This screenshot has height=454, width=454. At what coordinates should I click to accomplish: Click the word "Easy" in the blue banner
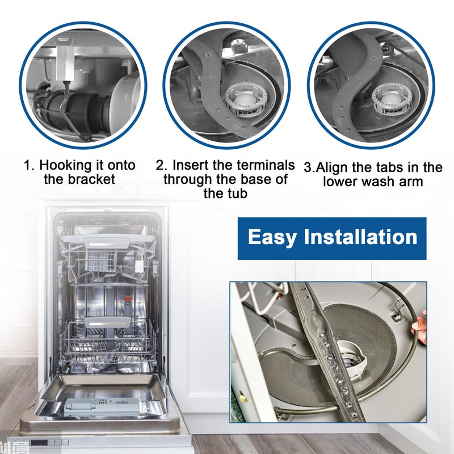point(272,238)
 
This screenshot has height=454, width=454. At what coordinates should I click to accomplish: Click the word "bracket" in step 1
point(91,179)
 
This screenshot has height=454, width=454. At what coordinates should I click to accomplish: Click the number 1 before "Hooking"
point(28,165)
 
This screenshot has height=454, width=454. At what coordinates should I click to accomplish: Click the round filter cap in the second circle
point(243,99)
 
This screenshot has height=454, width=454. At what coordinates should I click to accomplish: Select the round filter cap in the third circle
point(389,98)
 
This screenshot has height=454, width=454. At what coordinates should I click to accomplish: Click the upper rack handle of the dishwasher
point(107,243)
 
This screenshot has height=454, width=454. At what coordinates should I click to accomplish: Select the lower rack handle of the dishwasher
point(108,322)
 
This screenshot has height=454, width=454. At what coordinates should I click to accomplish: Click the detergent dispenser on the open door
point(102,406)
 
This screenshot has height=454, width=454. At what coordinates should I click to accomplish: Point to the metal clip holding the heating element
point(398,312)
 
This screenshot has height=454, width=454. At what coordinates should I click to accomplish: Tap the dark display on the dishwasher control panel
point(39,443)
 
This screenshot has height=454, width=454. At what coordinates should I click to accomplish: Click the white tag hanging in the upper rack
point(139,266)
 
